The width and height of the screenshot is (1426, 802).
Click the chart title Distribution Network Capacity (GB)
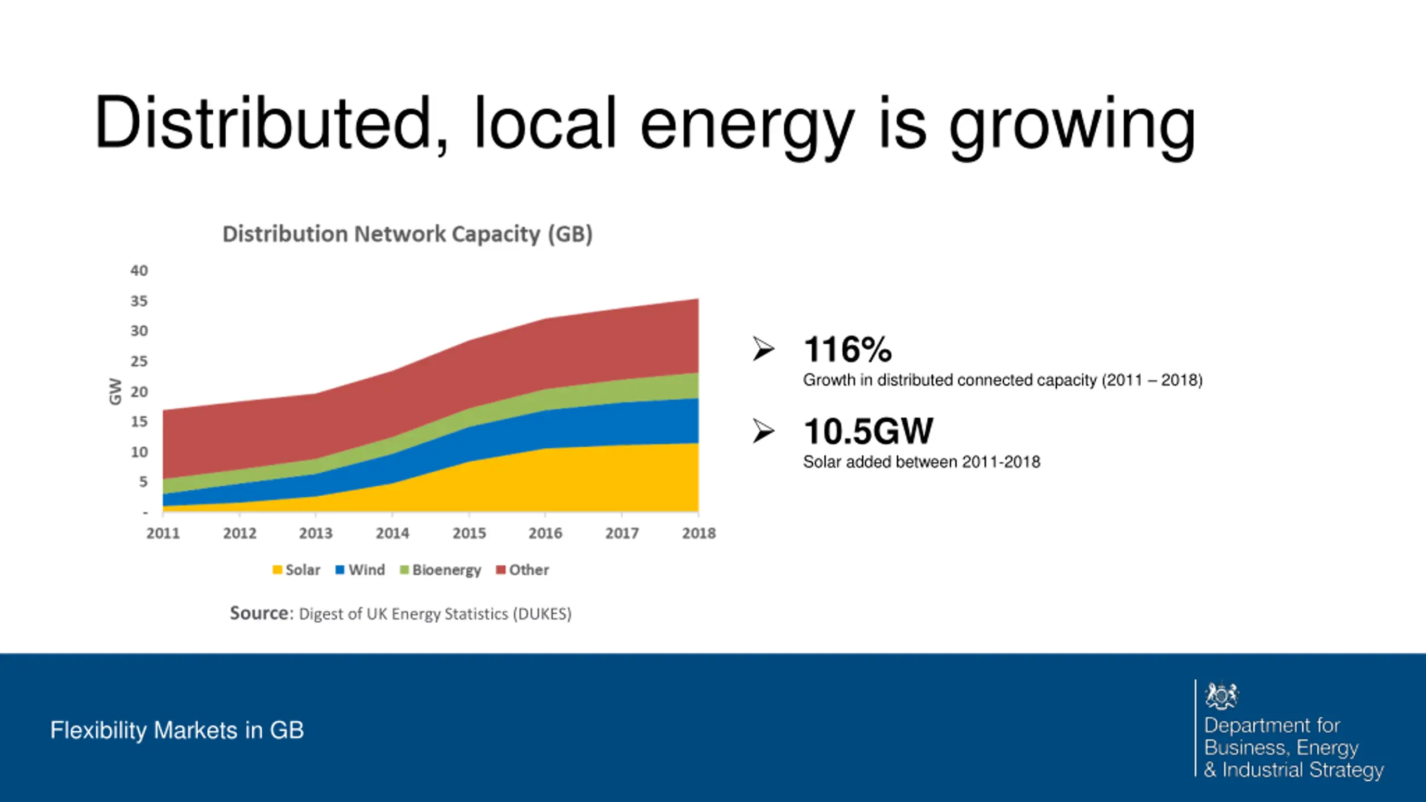tap(407, 234)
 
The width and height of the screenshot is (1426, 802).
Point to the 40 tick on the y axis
tap(139, 271)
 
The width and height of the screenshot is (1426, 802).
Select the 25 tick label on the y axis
tap(139, 361)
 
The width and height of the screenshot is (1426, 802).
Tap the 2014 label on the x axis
tap(392, 534)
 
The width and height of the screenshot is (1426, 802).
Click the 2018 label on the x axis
tap(699, 534)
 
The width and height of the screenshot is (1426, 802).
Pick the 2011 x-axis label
tap(163, 534)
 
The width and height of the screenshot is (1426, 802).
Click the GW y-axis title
tap(115, 391)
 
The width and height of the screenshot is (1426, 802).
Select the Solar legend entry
tap(296, 570)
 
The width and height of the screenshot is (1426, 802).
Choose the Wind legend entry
tap(360, 570)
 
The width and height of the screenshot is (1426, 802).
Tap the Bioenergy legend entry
tap(441, 570)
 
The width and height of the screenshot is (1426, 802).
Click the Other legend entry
tap(522, 570)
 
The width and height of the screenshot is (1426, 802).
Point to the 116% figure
tap(847, 350)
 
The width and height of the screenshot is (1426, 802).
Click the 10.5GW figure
tap(868, 432)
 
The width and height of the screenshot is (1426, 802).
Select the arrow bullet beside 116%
tap(763, 349)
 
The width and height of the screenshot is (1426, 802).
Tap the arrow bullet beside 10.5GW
tap(763, 431)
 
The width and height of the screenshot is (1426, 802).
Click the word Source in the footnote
tap(260, 613)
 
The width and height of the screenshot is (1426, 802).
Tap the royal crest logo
tap(1221, 695)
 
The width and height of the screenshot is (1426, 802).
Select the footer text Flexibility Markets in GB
tap(177, 730)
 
